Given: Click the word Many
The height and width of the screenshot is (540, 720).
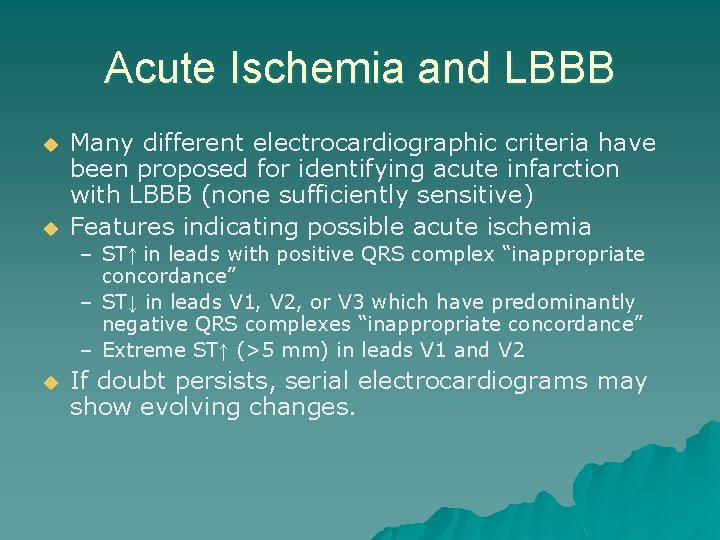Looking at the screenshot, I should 102,143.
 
